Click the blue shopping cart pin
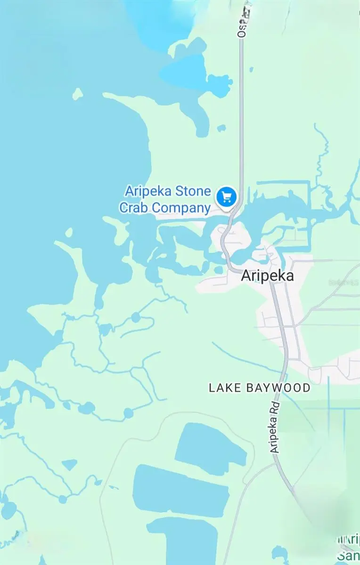(x=226, y=197)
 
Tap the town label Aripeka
(x=267, y=275)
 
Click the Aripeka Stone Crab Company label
(x=168, y=199)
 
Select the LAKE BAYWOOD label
(x=260, y=388)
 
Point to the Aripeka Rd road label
(x=276, y=427)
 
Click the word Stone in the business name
(x=194, y=192)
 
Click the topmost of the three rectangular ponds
(x=210, y=445)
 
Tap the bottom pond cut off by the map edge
(x=184, y=541)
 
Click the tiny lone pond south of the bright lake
(x=221, y=128)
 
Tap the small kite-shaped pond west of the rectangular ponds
(x=69, y=464)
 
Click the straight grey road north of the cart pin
(x=242, y=118)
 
